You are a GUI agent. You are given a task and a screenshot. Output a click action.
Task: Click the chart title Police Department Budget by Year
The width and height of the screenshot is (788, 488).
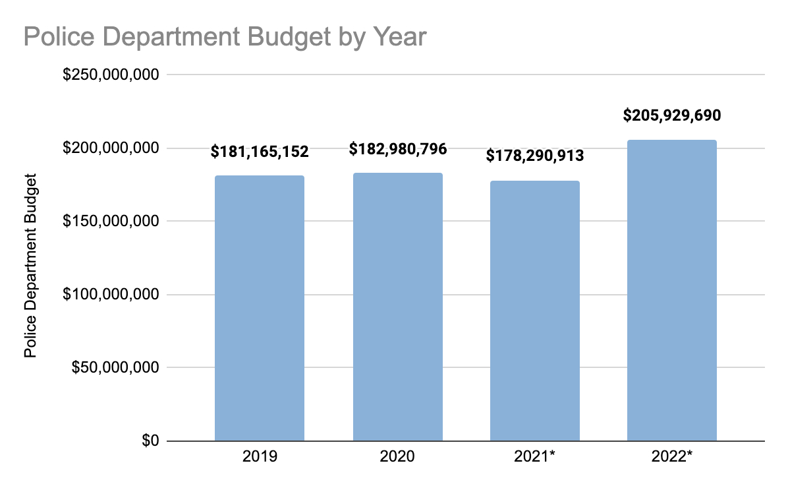[x=225, y=37]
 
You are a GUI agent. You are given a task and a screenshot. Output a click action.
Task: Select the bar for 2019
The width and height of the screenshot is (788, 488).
[x=260, y=308]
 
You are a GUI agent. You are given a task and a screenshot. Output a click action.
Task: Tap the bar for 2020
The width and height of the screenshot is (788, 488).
[x=397, y=307]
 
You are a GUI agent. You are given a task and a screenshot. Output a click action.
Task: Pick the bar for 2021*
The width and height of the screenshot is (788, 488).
[x=535, y=311]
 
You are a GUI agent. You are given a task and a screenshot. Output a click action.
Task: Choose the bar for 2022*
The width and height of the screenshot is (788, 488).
[x=671, y=290]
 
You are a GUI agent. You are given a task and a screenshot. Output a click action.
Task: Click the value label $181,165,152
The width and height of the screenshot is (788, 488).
[x=260, y=152]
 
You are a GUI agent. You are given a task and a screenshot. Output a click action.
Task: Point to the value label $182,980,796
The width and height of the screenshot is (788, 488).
[x=398, y=149]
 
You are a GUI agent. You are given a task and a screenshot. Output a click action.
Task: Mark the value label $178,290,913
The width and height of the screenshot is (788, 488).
[x=535, y=156]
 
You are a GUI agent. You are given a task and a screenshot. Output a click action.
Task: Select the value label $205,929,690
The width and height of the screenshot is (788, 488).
[x=672, y=116]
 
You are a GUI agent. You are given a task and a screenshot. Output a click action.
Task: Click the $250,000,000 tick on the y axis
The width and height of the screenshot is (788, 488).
[x=111, y=75]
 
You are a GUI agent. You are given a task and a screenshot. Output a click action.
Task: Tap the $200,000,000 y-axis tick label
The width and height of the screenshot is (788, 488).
[x=111, y=148]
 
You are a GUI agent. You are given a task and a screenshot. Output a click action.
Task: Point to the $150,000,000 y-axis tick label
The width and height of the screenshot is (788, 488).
[x=111, y=222]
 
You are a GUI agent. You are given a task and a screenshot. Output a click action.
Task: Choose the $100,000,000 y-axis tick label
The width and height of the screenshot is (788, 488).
[x=111, y=295]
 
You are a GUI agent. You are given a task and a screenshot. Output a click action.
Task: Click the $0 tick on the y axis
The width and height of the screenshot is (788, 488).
[x=150, y=441]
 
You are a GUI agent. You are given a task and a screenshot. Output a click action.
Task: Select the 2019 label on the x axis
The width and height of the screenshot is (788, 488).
[x=260, y=457]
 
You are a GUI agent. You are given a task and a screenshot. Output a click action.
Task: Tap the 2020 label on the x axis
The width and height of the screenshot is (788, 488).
[x=397, y=457]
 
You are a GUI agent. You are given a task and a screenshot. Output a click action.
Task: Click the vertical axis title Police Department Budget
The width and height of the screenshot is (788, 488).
[x=30, y=265]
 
